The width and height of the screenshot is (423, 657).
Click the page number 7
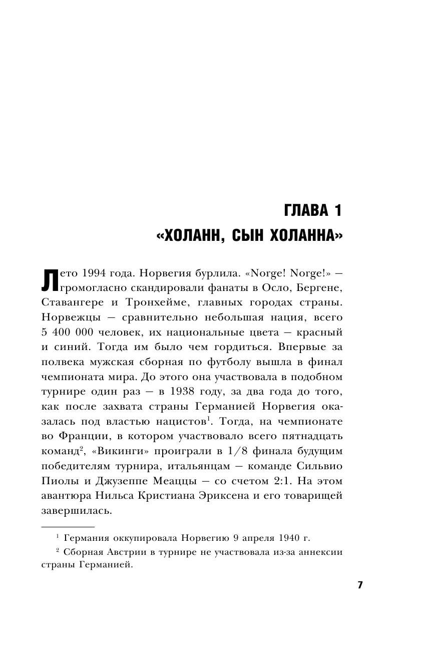[x=359, y=585]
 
